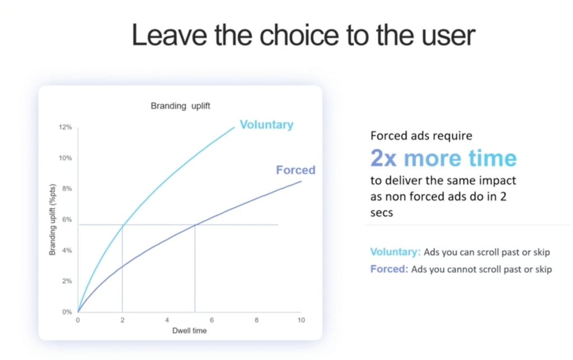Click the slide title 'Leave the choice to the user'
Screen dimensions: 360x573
(x=303, y=35)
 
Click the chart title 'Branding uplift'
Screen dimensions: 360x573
(x=180, y=106)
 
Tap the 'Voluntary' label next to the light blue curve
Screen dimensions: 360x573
(x=266, y=125)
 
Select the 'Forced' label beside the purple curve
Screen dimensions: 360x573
(x=295, y=170)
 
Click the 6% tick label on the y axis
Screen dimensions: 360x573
(x=66, y=220)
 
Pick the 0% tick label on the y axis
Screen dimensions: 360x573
(x=66, y=312)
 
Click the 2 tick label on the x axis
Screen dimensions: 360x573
(x=122, y=320)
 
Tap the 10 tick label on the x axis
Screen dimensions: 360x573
(x=300, y=320)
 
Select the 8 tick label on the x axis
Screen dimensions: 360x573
(x=256, y=320)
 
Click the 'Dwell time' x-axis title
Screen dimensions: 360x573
(x=189, y=331)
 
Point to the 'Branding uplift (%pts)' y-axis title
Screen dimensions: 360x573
(x=53, y=220)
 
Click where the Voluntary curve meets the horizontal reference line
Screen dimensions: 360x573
(x=122, y=225)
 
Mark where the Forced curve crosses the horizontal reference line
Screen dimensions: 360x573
(x=195, y=225)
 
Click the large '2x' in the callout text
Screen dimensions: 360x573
(x=384, y=158)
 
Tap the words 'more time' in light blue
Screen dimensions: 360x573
(x=460, y=158)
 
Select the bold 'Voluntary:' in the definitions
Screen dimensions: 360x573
(x=395, y=252)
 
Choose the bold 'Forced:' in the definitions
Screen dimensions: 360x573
(x=389, y=269)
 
